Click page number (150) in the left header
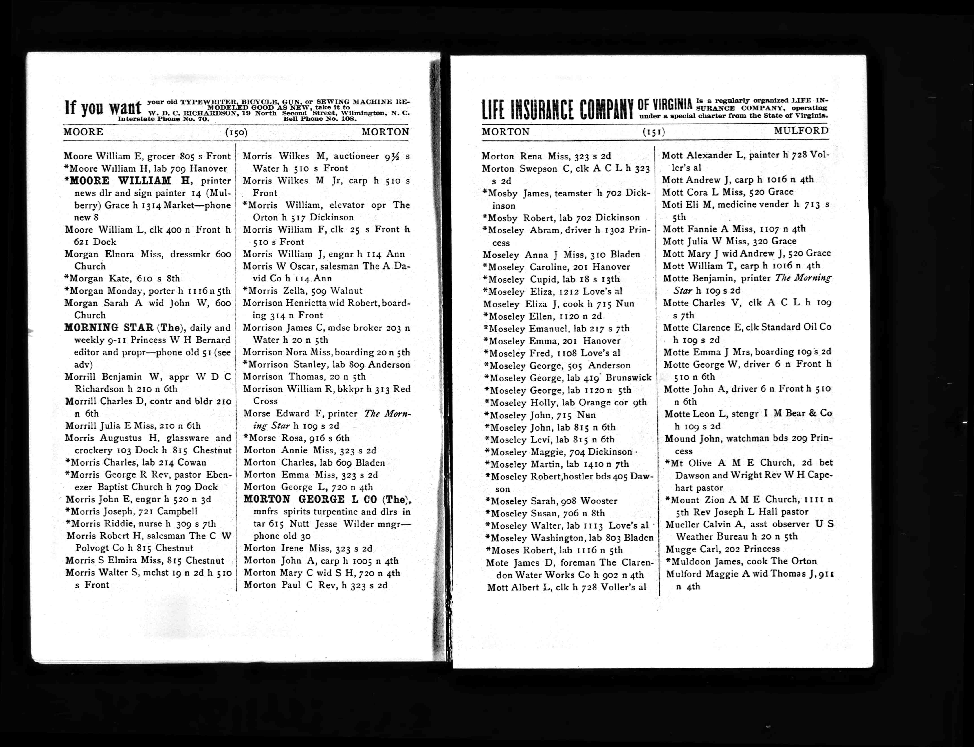tap(236, 132)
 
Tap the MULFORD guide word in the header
tap(801, 131)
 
